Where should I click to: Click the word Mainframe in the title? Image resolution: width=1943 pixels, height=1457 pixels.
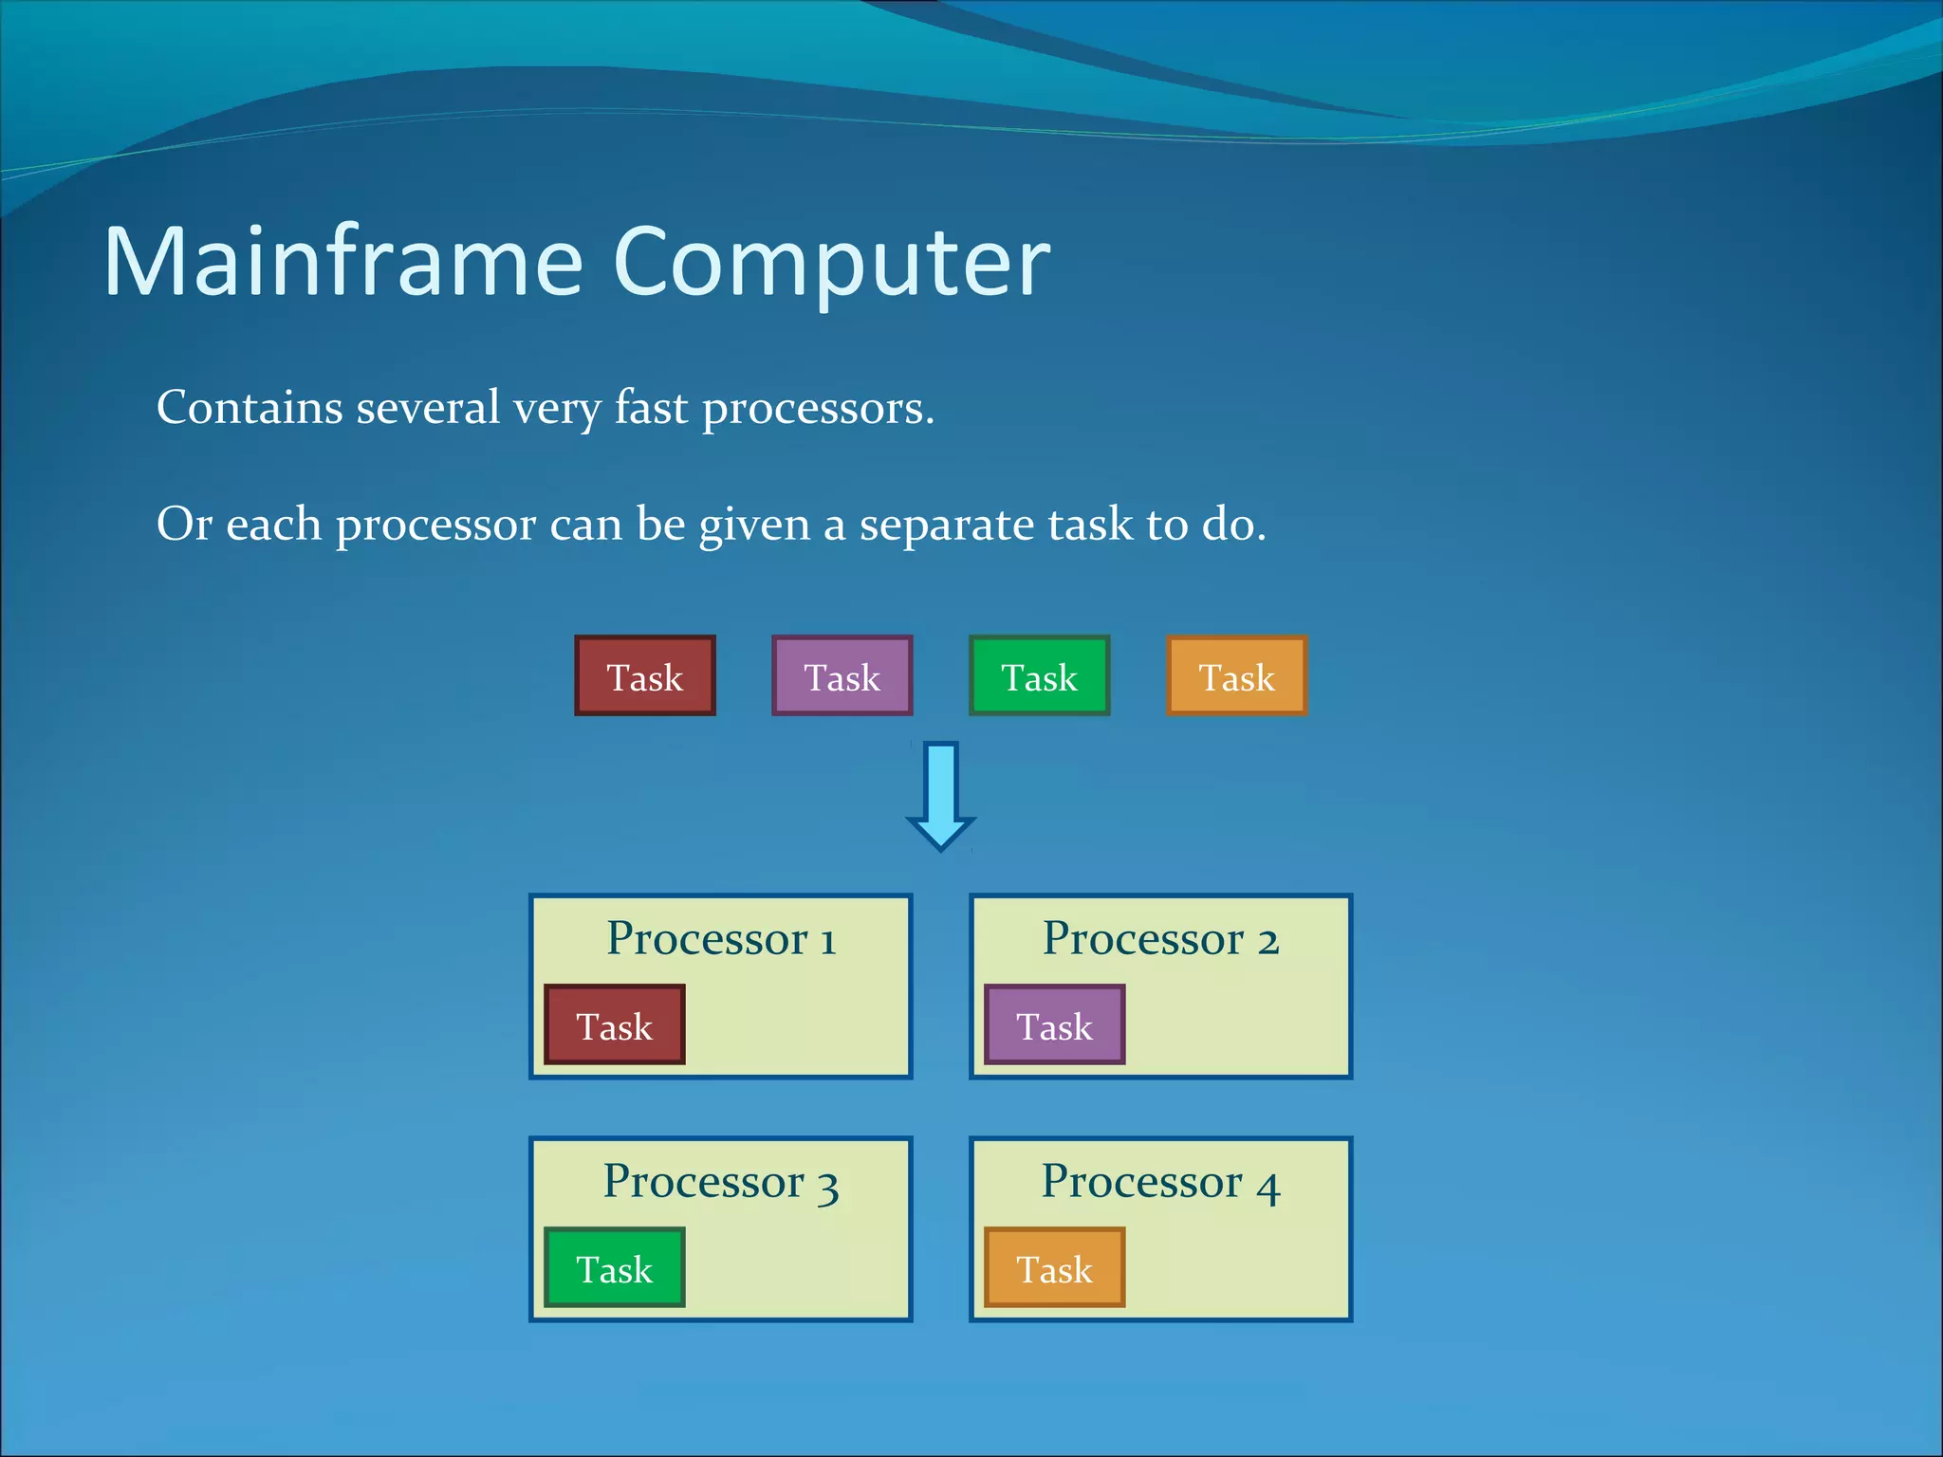pyautogui.click(x=342, y=263)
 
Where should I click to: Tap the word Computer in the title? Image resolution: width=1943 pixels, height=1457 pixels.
pyautogui.click(x=832, y=263)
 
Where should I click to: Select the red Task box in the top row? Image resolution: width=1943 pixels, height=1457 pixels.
pyautogui.click(x=645, y=676)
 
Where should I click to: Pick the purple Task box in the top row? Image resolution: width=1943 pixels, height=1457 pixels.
pyautogui.click(x=842, y=676)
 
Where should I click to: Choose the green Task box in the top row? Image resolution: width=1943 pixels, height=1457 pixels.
pyautogui.click(x=1040, y=676)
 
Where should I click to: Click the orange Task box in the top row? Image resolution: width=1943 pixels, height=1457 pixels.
pyautogui.click(x=1237, y=676)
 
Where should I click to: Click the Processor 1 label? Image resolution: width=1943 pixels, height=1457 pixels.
pyautogui.click(x=721, y=939)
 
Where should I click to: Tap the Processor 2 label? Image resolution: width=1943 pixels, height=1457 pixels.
pyautogui.click(x=1160, y=939)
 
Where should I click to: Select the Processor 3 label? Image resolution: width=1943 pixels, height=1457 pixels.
pyautogui.click(x=721, y=1182)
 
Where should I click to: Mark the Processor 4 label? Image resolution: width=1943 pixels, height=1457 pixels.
pyautogui.click(x=1160, y=1182)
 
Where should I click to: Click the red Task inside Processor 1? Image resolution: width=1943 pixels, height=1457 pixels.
pyautogui.click(x=615, y=1025)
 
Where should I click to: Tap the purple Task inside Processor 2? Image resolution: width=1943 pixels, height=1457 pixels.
pyautogui.click(x=1055, y=1025)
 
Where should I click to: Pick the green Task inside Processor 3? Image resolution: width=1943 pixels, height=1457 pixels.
pyautogui.click(x=615, y=1268)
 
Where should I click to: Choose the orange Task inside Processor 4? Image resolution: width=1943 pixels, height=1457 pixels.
pyautogui.click(x=1055, y=1268)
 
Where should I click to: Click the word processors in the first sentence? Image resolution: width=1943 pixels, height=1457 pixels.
pyautogui.click(x=817, y=410)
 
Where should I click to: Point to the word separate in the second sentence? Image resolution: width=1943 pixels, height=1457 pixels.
pyautogui.click(x=946, y=525)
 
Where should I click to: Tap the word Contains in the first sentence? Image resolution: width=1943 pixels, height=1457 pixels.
pyautogui.click(x=250, y=408)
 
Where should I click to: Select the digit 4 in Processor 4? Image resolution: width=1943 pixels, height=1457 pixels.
pyautogui.click(x=1268, y=1188)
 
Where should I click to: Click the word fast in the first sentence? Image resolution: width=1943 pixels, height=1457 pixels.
pyautogui.click(x=651, y=408)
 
